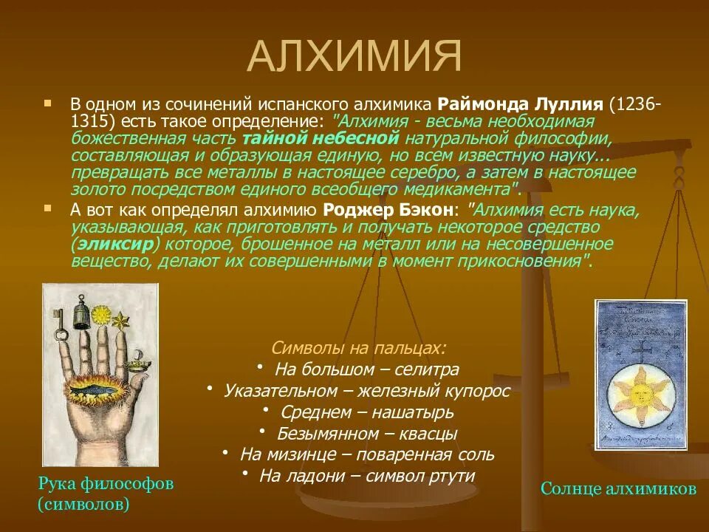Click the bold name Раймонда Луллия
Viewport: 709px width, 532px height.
(x=521, y=104)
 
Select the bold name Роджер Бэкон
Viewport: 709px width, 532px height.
(x=388, y=210)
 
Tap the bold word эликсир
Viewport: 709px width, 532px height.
(x=116, y=245)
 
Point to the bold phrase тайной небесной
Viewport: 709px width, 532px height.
(x=321, y=138)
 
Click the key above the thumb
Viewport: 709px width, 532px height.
(x=59, y=324)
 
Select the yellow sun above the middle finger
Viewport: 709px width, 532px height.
(x=101, y=315)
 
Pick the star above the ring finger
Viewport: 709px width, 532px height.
(x=120, y=321)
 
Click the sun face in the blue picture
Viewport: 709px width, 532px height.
(x=640, y=395)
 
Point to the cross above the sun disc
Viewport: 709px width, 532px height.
(x=640, y=352)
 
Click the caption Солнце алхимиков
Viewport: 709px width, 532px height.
(x=618, y=488)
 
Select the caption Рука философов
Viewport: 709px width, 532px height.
(x=106, y=483)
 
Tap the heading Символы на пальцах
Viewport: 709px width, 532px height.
(x=359, y=348)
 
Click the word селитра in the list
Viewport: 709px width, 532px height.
(x=426, y=370)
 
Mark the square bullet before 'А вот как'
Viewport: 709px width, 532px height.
(x=47, y=208)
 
